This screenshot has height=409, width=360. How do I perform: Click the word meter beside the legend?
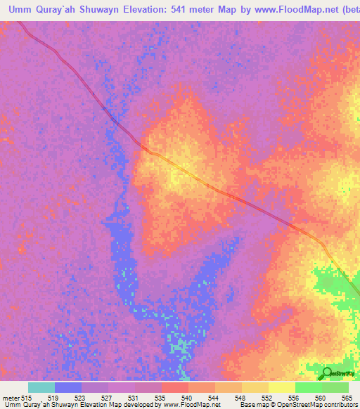coord(11,398)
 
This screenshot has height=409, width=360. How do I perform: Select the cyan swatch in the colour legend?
coord(41,387)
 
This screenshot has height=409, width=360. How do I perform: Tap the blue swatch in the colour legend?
coord(68,387)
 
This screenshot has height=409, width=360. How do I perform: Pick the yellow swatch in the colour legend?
coord(282,387)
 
